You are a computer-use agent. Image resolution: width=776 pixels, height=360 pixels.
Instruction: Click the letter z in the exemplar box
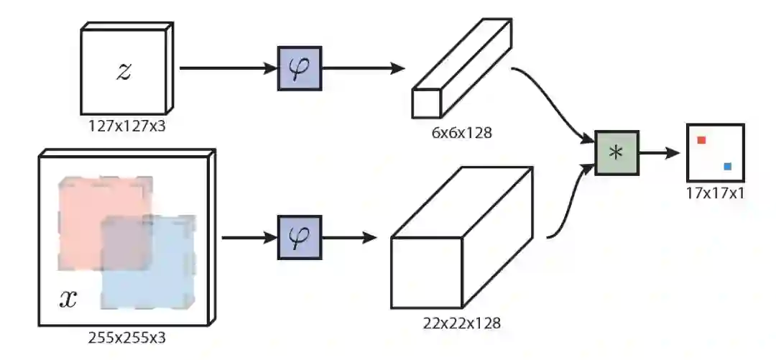pyautogui.click(x=124, y=70)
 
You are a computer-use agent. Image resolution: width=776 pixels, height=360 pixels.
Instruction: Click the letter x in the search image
pyautogui.click(x=68, y=298)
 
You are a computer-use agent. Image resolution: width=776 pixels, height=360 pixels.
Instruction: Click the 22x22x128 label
pyautogui.click(x=462, y=323)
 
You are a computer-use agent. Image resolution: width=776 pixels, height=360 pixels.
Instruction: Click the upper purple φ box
pyautogui.click(x=299, y=69)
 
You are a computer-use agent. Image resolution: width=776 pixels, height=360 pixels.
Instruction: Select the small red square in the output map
pyautogui.click(x=702, y=140)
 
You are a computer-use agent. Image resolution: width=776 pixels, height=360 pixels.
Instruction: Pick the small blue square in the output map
pyautogui.click(x=728, y=167)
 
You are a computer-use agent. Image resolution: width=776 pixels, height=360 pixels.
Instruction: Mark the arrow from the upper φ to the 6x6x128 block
pyautogui.click(x=363, y=69)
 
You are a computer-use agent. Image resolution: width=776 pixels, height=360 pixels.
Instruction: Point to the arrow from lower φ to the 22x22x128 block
pyautogui.click(x=349, y=238)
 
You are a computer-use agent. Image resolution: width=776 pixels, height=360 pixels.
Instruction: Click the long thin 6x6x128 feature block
pyautogui.click(x=460, y=68)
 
